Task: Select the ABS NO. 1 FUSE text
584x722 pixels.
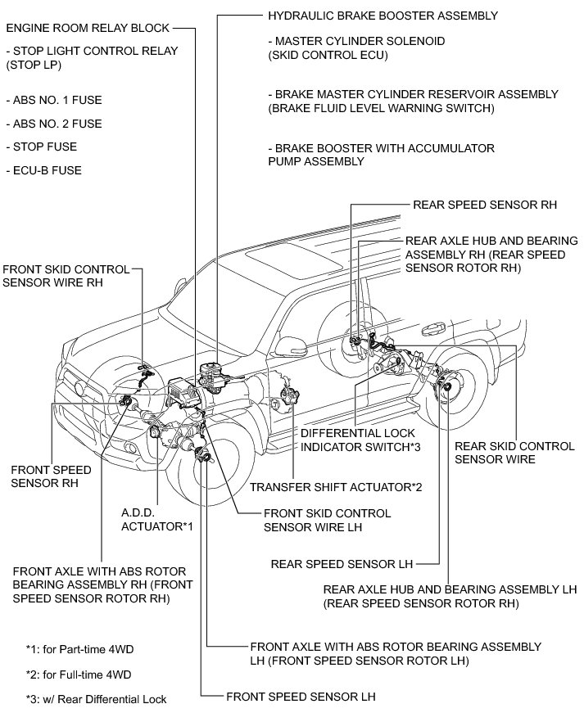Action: (53, 101)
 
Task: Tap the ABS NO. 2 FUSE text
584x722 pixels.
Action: (53, 124)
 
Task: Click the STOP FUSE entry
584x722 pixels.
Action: (44, 147)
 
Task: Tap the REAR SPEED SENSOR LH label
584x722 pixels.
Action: (342, 564)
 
